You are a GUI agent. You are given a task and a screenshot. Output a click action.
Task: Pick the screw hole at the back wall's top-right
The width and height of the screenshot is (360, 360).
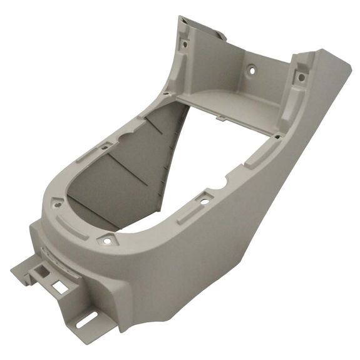[301, 78]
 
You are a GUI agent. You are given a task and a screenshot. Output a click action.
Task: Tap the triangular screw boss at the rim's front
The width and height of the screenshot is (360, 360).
[107, 239]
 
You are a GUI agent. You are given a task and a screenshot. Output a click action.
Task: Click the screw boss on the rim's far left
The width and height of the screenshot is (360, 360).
[57, 202]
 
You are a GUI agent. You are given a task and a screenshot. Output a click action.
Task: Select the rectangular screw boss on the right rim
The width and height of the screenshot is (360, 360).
[204, 200]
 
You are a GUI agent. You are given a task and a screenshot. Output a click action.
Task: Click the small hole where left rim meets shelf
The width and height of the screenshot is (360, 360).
[166, 93]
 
